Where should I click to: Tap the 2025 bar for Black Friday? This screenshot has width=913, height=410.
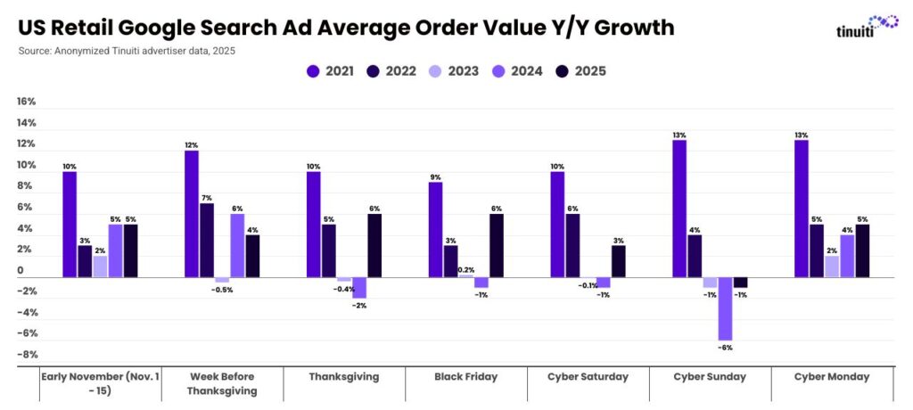[x=497, y=245]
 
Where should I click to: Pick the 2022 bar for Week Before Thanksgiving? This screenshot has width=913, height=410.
[x=207, y=240]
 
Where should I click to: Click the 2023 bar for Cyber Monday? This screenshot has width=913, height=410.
[x=832, y=266]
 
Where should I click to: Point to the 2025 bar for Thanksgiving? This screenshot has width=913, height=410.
[x=374, y=245]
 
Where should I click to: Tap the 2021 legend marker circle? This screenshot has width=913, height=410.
[x=312, y=71]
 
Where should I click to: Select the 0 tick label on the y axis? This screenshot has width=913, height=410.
[x=21, y=271]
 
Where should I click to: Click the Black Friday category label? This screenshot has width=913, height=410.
[x=466, y=377]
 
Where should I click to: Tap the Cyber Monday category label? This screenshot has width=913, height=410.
[x=832, y=377]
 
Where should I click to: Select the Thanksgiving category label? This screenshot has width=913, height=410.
[x=344, y=377]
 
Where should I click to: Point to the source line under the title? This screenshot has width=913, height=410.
[x=127, y=51]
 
